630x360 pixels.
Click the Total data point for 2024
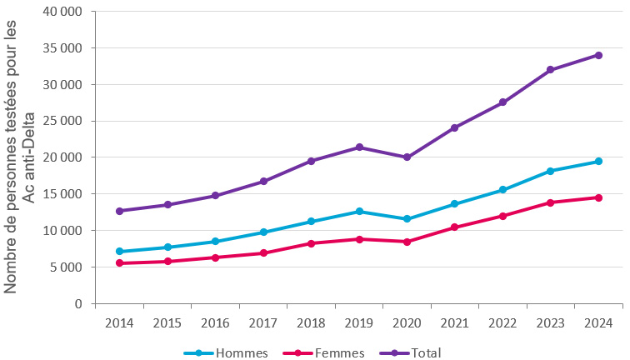(598, 56)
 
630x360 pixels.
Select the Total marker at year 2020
(407, 157)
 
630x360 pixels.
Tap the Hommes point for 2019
(359, 212)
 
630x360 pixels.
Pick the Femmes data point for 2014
(120, 263)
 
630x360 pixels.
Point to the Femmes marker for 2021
(455, 227)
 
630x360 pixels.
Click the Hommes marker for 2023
(551, 171)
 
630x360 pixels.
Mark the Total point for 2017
(263, 181)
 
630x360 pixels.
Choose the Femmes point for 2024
(598, 197)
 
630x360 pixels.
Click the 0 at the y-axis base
(77, 303)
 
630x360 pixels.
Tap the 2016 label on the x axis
(216, 322)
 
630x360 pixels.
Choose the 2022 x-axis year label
(502, 322)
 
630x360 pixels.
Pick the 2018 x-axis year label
(311, 322)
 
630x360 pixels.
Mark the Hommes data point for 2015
(167, 247)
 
